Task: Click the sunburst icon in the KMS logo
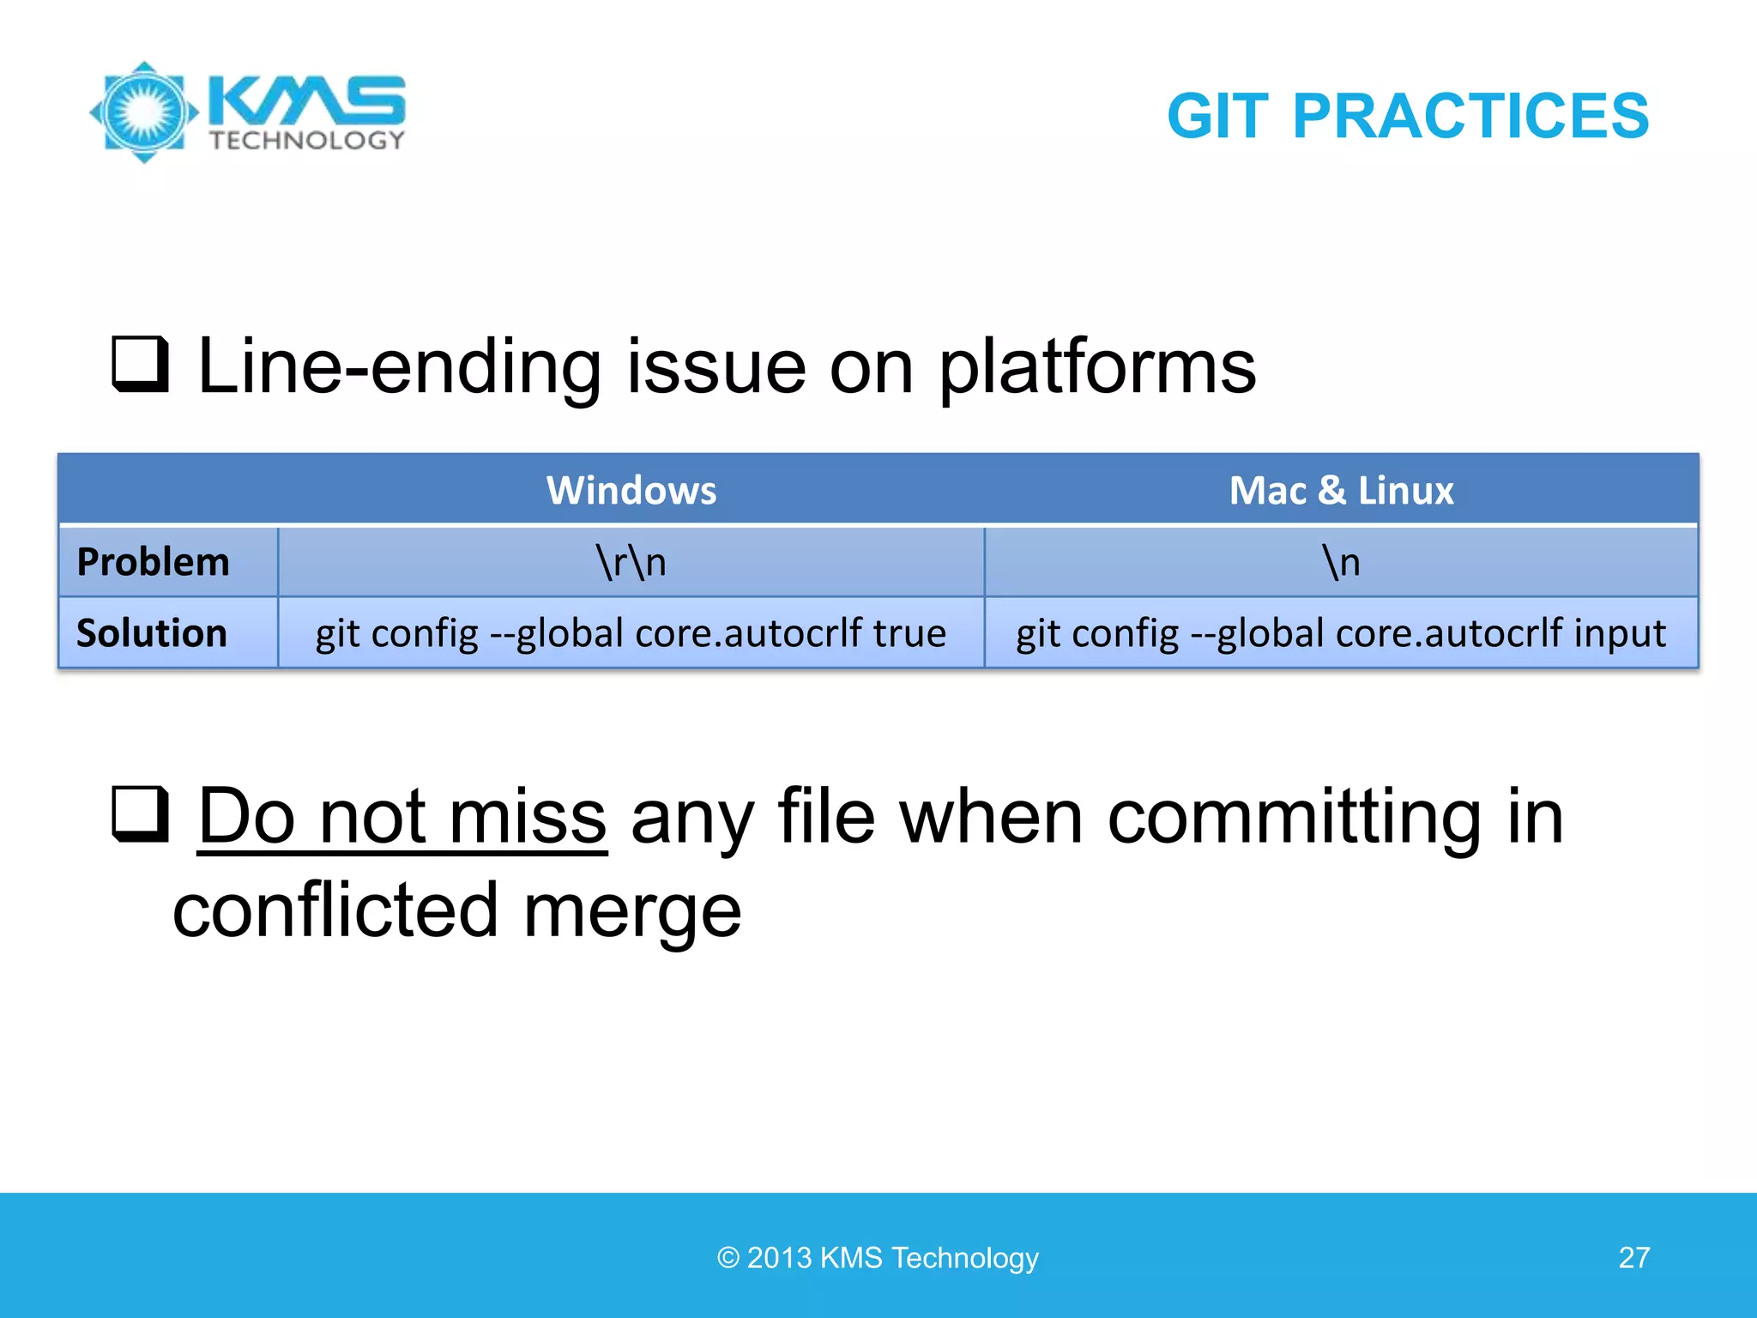pyautogui.click(x=144, y=112)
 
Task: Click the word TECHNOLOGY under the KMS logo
pyautogui.click(x=307, y=141)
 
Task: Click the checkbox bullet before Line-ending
pyautogui.click(x=140, y=364)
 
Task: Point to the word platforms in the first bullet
pyautogui.click(x=1097, y=367)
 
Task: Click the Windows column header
pyautogui.click(x=631, y=490)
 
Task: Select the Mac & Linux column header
pyautogui.click(x=1341, y=490)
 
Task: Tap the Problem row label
pyautogui.click(x=153, y=562)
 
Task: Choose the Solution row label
pyautogui.click(x=152, y=633)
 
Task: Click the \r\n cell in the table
pyautogui.click(x=631, y=562)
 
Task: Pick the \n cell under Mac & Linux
pyautogui.click(x=1341, y=562)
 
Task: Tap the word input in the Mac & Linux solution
pyautogui.click(x=1620, y=633)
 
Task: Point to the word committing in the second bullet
pyautogui.click(x=1294, y=817)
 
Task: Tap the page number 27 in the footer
pyautogui.click(x=1633, y=1257)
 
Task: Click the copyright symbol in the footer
pyautogui.click(x=728, y=1258)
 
